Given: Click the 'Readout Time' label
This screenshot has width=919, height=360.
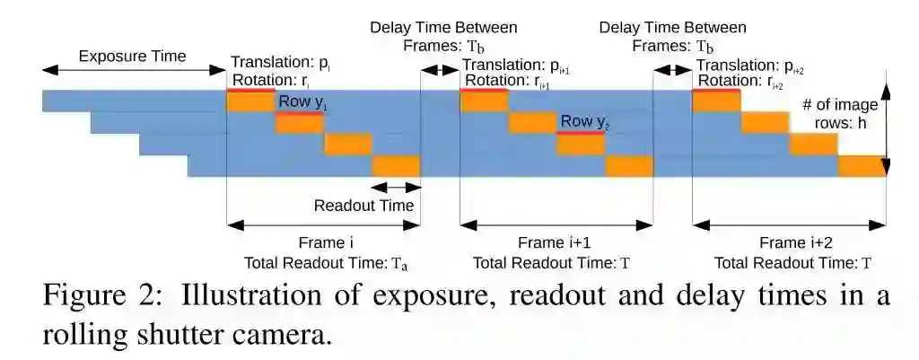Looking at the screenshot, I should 363,206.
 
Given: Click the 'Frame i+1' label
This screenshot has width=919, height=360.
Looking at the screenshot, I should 554,242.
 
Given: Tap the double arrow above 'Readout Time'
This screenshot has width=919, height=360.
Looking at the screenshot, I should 395,187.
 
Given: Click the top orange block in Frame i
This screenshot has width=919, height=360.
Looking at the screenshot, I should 250,101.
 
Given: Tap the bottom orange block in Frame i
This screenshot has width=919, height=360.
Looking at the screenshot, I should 396,166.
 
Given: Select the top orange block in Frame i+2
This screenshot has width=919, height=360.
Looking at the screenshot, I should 716,101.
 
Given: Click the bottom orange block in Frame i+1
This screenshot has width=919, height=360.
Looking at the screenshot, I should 629,166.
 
